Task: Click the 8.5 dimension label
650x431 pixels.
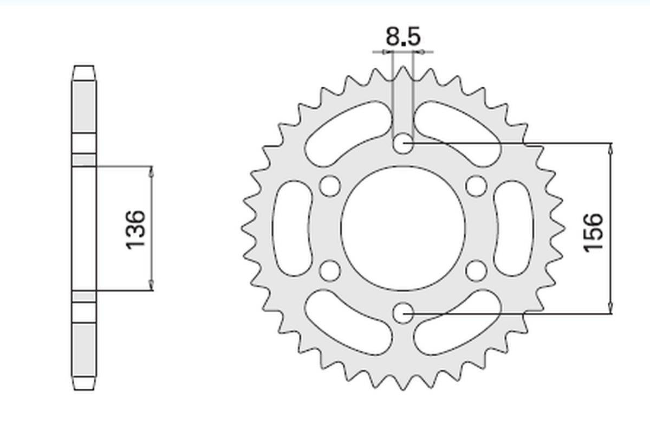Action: click(403, 37)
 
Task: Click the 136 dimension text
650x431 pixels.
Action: click(135, 229)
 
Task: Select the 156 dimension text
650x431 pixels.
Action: click(593, 233)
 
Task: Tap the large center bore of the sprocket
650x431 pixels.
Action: click(403, 228)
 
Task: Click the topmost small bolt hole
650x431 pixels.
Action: click(403, 143)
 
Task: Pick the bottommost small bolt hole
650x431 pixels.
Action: click(403, 313)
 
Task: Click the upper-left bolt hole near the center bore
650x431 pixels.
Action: click(330, 186)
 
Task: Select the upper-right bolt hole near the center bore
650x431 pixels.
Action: click(476, 186)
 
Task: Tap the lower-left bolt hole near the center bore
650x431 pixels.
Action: click(330, 271)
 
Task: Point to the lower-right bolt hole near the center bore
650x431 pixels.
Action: click(476, 271)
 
